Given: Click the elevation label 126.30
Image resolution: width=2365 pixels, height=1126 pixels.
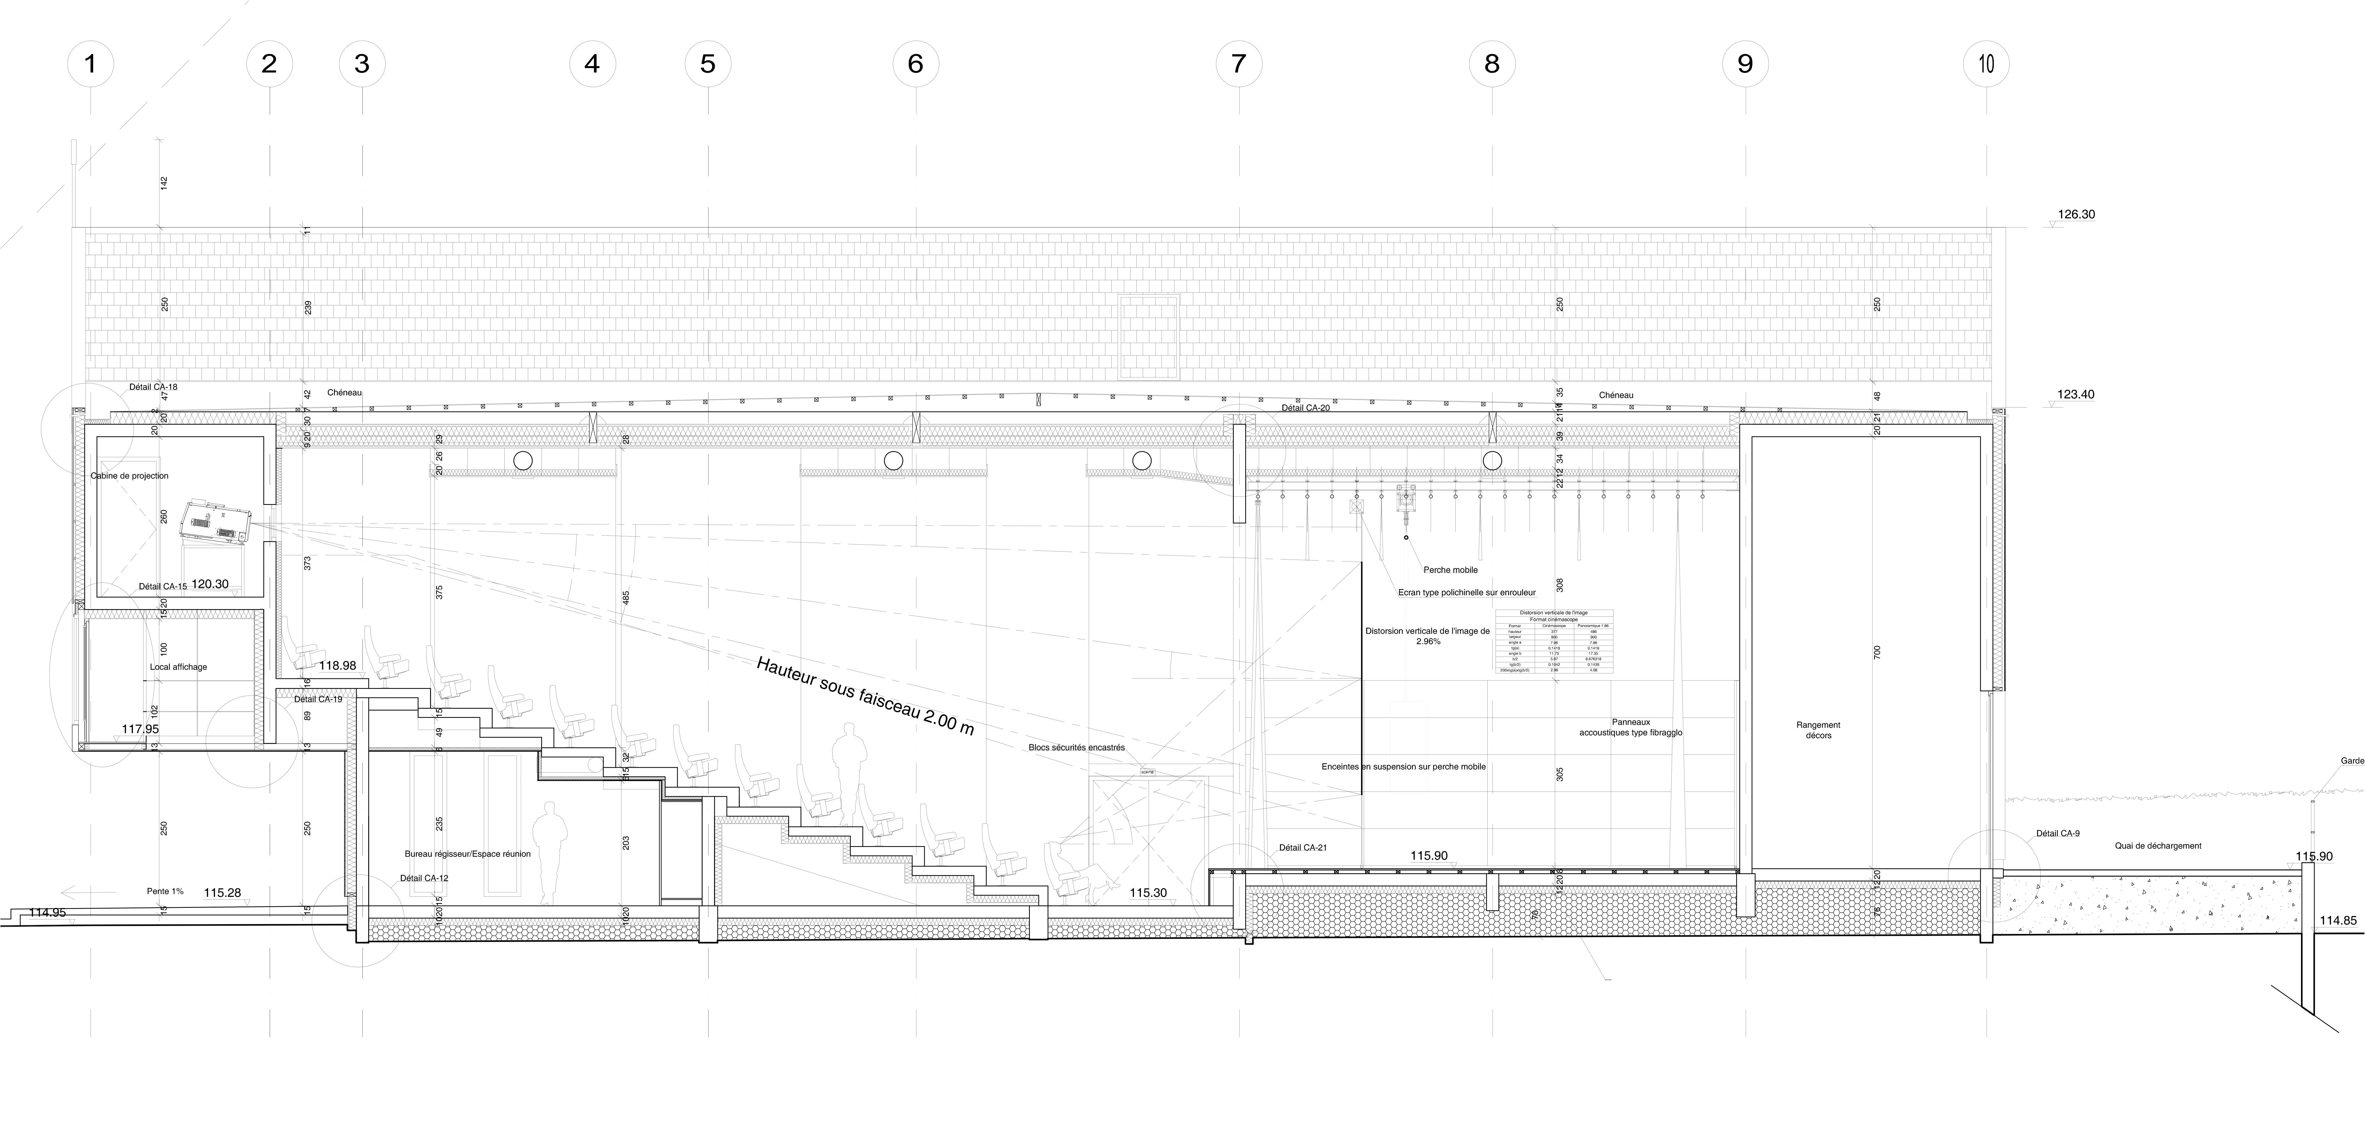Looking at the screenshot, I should (x=2076, y=215).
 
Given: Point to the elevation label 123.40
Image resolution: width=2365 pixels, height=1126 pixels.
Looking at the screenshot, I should (x=2076, y=395).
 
